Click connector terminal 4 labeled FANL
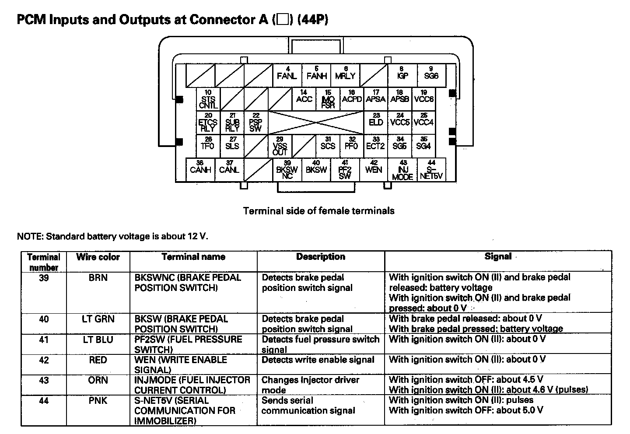pos(287,73)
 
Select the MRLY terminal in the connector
pos(345,73)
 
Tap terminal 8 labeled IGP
pos(402,73)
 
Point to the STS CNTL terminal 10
pos(208,99)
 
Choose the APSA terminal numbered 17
pos(375,97)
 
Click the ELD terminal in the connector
pos(376,121)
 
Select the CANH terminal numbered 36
pos(200,168)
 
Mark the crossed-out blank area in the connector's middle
pos(316,122)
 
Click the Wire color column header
pos(98,257)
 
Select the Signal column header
pos(498,257)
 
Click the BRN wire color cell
pos(98,278)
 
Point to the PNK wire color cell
pos(98,401)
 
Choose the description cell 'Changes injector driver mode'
pos(310,385)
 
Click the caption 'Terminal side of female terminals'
pos(318,211)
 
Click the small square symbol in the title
pos(283,20)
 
